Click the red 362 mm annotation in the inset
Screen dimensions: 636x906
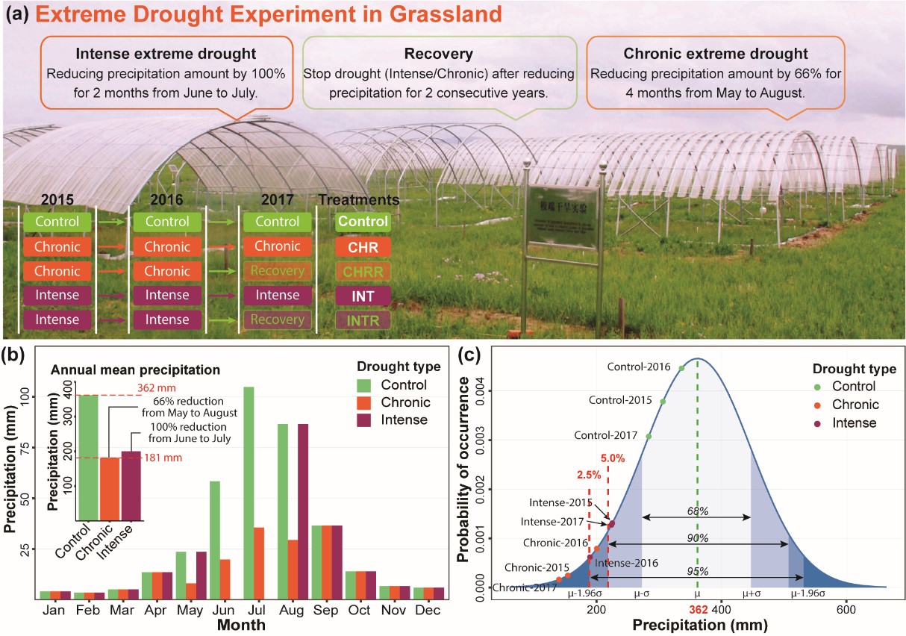coord(157,388)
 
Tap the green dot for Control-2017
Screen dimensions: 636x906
coord(649,437)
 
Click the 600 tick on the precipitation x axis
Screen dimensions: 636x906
coord(846,609)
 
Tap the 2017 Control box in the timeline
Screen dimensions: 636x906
coord(277,222)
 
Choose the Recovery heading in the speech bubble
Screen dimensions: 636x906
coord(439,54)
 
